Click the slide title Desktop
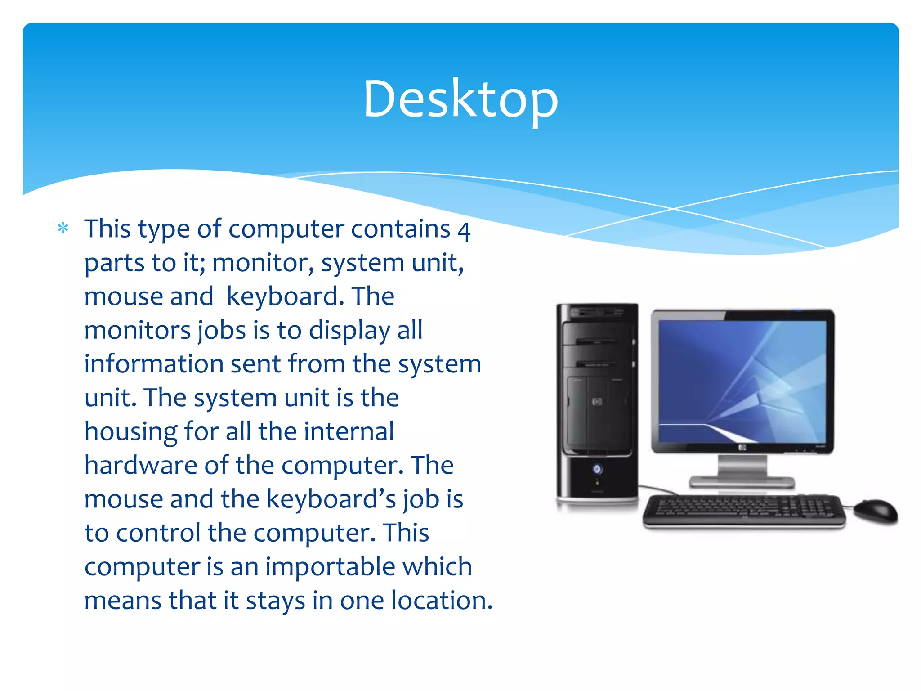pos(460,99)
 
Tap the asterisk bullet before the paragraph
pos(63,229)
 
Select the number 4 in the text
pos(464,230)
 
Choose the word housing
pos(130,432)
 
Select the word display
pos(349,331)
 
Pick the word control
pos(158,533)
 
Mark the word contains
pos(400,229)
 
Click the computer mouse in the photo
pos(875,511)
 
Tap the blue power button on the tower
pos(597,469)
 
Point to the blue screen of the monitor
pos(742,380)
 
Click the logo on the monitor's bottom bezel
pos(742,448)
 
